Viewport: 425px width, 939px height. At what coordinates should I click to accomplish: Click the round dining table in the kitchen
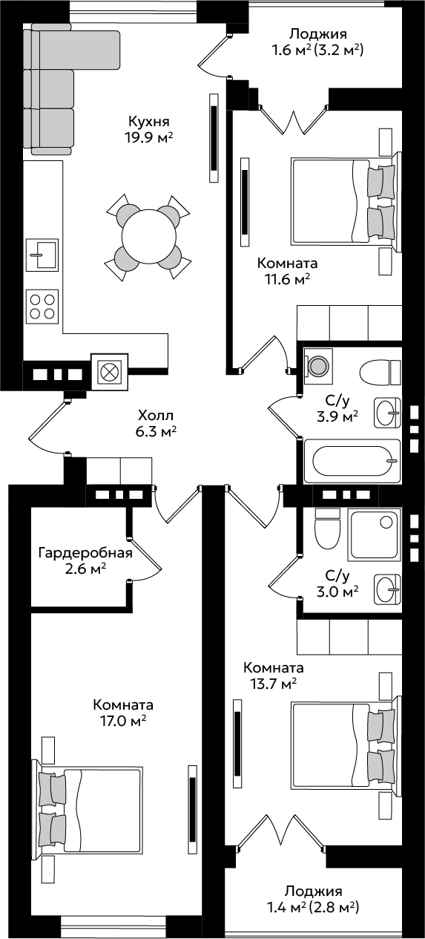(149, 237)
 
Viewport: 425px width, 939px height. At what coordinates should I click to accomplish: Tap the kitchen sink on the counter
(42, 255)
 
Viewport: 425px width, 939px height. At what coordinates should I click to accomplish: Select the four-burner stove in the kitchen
(42, 307)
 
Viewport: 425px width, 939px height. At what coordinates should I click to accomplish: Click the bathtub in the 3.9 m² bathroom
(352, 461)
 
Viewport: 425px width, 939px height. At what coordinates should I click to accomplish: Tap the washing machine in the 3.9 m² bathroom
(317, 364)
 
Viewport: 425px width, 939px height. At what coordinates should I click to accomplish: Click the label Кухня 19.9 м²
(149, 129)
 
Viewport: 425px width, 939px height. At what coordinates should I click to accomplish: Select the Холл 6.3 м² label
(155, 423)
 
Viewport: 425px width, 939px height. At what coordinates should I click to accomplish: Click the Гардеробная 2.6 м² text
(85, 560)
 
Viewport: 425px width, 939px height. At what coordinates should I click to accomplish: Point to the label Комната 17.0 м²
(123, 712)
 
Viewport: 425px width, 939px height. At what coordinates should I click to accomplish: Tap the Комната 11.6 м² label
(287, 271)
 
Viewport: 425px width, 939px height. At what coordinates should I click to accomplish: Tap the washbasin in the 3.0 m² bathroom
(388, 588)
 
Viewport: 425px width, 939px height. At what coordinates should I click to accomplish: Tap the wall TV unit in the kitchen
(214, 137)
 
